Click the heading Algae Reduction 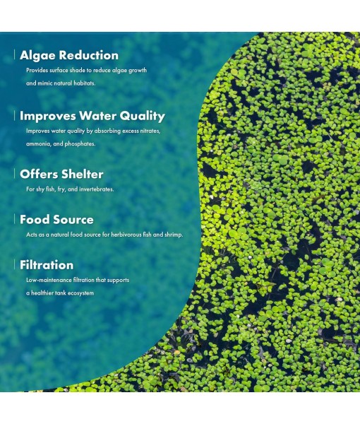69,55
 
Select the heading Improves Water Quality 92,116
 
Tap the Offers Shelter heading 61,174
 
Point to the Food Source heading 56,220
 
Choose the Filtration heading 47,265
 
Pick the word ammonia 38,144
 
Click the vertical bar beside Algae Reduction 15,55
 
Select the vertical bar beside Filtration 15,265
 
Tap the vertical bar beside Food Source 15,220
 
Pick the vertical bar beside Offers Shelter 15,174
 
